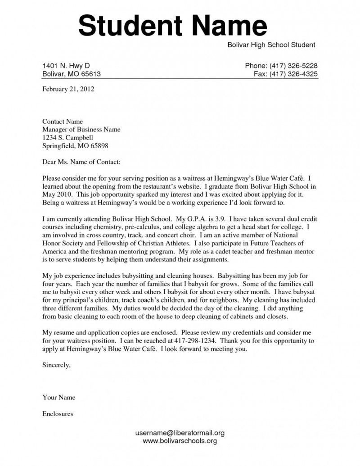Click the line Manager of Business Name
81,130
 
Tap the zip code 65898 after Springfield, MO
99,146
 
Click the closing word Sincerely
56,365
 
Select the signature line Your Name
58,397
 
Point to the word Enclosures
58,413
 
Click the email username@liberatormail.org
180,433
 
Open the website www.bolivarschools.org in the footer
180,441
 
